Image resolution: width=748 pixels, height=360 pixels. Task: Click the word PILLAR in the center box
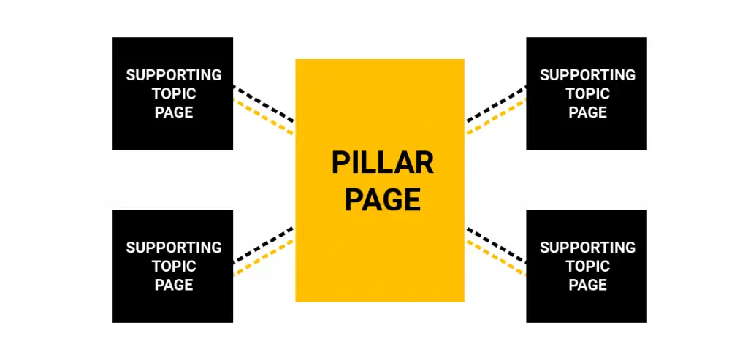(383, 163)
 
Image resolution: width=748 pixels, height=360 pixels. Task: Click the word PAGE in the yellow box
(383, 199)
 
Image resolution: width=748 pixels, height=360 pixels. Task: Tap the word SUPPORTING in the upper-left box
(174, 75)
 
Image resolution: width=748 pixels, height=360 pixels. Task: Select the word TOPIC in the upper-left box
(174, 94)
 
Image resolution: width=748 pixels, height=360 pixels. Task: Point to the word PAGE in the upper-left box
(174, 112)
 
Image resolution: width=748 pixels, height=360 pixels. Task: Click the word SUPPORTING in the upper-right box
(588, 75)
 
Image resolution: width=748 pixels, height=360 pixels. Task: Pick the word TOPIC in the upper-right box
(588, 94)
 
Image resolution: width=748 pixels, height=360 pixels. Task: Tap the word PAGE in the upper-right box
(588, 112)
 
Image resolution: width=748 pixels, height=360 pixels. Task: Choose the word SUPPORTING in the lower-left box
(174, 248)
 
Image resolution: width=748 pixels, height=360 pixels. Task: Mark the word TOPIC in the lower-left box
(174, 267)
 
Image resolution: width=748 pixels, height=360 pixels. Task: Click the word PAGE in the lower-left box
(174, 285)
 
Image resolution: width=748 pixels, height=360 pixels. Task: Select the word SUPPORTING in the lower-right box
(588, 248)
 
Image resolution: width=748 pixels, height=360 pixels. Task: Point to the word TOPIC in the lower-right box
(588, 267)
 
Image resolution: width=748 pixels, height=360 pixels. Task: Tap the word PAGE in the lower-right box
(588, 285)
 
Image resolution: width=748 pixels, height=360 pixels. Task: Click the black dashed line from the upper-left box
(264, 104)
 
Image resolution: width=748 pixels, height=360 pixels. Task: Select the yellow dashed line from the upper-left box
(263, 116)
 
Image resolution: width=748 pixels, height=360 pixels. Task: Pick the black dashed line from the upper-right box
(496, 104)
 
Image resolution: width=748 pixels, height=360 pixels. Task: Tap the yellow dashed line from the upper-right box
(496, 116)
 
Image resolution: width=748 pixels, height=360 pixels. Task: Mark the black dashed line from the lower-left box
(264, 245)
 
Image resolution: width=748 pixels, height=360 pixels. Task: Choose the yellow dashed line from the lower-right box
(496, 258)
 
